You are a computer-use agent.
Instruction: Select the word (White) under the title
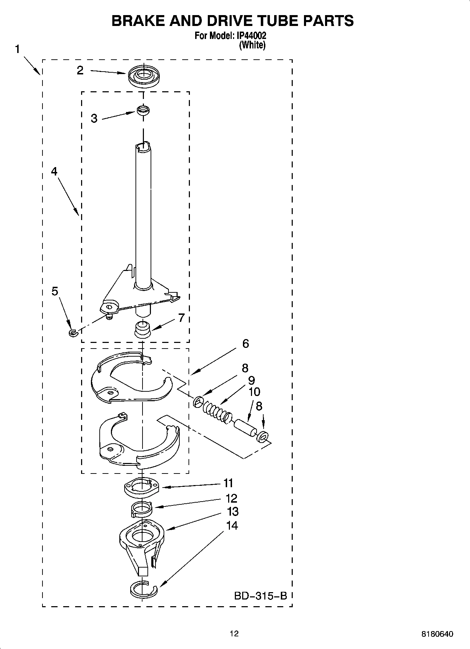[252, 45]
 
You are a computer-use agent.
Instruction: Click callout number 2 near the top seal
[80, 70]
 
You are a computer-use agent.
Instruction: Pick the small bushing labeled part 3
[143, 110]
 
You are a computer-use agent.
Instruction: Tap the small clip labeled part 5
[73, 332]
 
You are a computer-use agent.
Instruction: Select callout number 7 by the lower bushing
[181, 318]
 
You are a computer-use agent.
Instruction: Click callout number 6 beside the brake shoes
[245, 343]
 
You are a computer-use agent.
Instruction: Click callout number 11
[229, 483]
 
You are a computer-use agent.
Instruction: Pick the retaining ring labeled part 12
[141, 509]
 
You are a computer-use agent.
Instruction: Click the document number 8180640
[437, 634]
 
